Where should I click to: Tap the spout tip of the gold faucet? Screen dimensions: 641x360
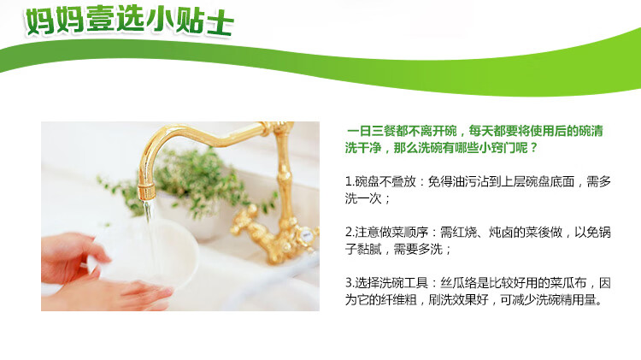click(146, 192)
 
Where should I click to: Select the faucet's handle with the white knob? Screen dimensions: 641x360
click(304, 236)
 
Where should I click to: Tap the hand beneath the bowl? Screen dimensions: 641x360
click(110, 293)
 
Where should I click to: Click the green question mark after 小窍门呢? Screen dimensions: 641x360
click(533, 148)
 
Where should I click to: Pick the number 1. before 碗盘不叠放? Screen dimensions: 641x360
click(350, 181)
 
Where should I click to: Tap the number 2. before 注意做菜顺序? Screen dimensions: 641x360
click(350, 233)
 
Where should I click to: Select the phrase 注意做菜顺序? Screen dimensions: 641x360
click(391, 233)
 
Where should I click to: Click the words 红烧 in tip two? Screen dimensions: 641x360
click(464, 233)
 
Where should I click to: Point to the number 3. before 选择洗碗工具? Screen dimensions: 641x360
click(350, 283)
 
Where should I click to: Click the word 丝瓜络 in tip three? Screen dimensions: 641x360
click(459, 283)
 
